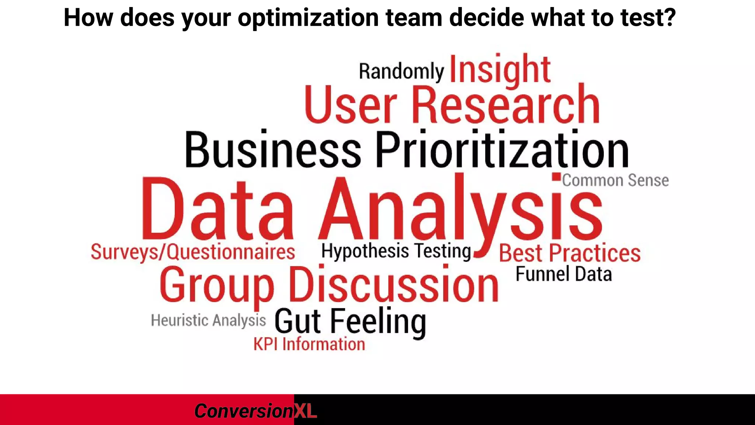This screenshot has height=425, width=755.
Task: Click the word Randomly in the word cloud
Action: pyautogui.click(x=401, y=71)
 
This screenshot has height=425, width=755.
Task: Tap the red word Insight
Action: pyautogui.click(x=500, y=69)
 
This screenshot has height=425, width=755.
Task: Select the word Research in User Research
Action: pyautogui.click(x=505, y=105)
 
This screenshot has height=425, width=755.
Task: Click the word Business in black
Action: pyautogui.click(x=272, y=150)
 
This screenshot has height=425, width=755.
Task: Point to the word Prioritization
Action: pyautogui.click(x=502, y=150)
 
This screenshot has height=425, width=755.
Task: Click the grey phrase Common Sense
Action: pyautogui.click(x=615, y=180)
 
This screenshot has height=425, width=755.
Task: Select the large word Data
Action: pyautogui.click(x=218, y=209)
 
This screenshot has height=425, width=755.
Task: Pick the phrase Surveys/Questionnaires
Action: pyautogui.click(x=193, y=252)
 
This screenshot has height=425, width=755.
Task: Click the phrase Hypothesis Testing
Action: pyautogui.click(x=396, y=251)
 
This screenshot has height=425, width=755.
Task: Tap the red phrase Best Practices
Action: pyautogui.click(x=570, y=253)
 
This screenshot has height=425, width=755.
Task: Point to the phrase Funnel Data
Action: pyautogui.click(x=564, y=274)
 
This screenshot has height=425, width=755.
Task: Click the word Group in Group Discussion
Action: pyautogui.click(x=217, y=285)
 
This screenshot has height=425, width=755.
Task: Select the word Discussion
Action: pyautogui.click(x=393, y=285)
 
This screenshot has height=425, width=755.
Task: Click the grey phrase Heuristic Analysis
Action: pyautogui.click(x=208, y=320)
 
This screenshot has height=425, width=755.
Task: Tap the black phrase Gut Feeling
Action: pyautogui.click(x=350, y=321)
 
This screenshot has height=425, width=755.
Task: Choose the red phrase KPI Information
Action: pyautogui.click(x=309, y=344)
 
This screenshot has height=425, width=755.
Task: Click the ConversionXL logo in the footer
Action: pyautogui.click(x=255, y=411)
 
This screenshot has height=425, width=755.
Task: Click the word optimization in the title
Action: pyautogui.click(x=308, y=17)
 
